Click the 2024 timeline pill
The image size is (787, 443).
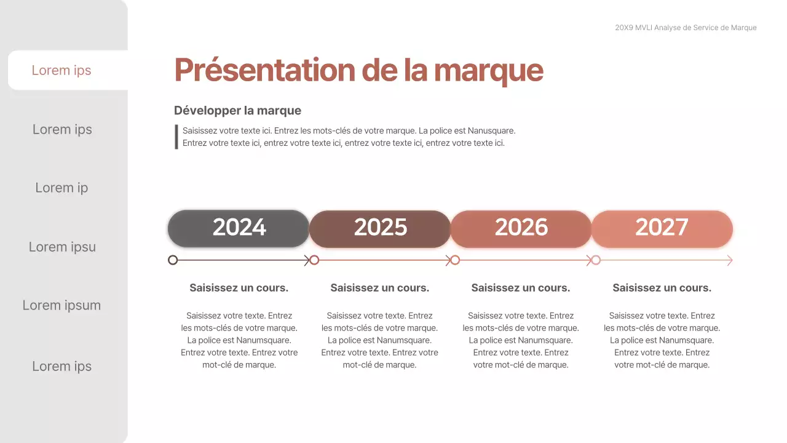coord(239,228)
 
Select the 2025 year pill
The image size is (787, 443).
coord(380,228)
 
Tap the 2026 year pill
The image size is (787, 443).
coord(521,228)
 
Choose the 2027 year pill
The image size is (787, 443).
coord(662,228)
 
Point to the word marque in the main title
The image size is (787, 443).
coord(488,71)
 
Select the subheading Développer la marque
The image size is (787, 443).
coord(237,111)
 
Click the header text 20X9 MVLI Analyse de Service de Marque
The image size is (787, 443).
coord(686,28)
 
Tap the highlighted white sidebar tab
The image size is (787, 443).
coord(61,70)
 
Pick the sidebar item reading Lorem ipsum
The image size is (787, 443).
coord(61,305)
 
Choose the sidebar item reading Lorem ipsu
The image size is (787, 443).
coord(62,247)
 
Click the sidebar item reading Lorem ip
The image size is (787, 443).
coord(61,188)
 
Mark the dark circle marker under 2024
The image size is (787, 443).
coord(173,260)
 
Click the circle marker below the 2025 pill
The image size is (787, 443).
coord(314,260)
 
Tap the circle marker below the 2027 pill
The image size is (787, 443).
coord(595,260)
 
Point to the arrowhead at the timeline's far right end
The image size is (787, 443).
coord(730,260)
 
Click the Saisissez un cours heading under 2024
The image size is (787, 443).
coord(239,287)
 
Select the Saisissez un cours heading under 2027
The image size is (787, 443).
coord(662,287)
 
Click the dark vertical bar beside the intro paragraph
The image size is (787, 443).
coord(176,137)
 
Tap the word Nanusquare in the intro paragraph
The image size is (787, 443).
coord(491,130)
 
